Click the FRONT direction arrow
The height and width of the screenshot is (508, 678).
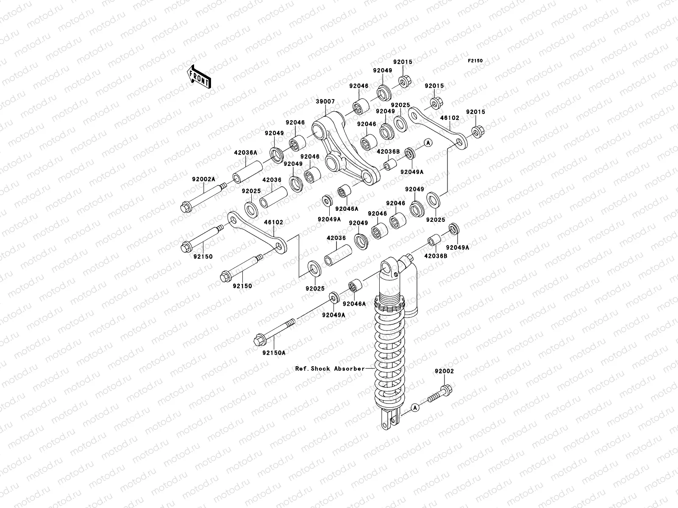click(x=199, y=77)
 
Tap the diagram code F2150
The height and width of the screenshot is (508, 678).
click(x=475, y=61)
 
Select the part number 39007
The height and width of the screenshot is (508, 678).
click(x=325, y=102)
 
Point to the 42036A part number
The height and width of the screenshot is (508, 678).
click(x=245, y=152)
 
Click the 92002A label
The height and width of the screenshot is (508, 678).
click(x=203, y=179)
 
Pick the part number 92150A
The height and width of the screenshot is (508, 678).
click(x=274, y=353)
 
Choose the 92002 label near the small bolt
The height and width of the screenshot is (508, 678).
click(x=444, y=371)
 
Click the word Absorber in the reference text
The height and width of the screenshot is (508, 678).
click(x=349, y=369)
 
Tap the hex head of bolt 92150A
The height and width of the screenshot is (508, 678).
click(x=258, y=341)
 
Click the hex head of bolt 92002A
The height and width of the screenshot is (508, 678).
click(x=186, y=207)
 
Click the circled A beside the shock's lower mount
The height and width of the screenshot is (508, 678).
click(x=415, y=408)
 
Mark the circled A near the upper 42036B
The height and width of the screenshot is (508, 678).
click(x=428, y=143)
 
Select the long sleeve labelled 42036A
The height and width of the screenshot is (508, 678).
click(x=247, y=172)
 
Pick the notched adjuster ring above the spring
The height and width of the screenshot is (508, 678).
click(x=389, y=304)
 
